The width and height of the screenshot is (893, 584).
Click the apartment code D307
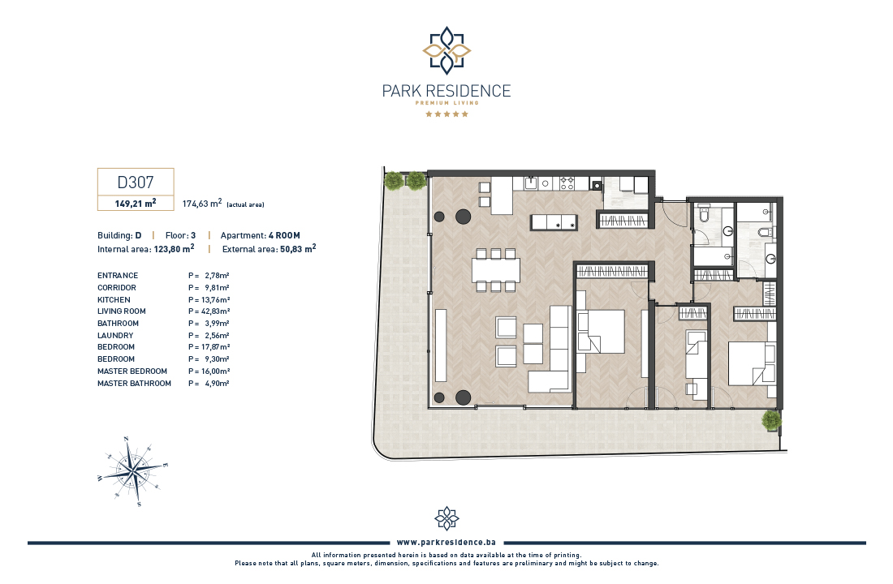pos(136,182)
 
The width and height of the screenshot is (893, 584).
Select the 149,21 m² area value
pos(136,204)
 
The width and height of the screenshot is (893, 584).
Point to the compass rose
pos(132,471)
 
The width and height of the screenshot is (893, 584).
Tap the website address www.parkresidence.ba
pos(446,543)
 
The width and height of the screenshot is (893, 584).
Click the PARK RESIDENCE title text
pos(446,91)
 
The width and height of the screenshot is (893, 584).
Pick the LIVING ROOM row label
pos(121,311)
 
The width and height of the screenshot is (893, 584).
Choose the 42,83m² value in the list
pos(215,311)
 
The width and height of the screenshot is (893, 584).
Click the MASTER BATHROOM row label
pos(134,384)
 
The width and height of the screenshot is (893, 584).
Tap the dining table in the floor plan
pos(495,270)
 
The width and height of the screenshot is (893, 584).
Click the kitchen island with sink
pos(554,222)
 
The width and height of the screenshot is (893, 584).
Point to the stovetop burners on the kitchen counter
pos(567,183)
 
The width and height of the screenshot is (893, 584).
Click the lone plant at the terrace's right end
pos(771,421)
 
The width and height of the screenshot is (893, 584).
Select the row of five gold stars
pos(447,114)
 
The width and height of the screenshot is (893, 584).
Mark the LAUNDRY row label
pos(115,336)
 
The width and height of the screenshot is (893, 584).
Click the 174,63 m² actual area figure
pos(201,204)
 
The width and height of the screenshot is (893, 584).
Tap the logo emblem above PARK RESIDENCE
pos(446,50)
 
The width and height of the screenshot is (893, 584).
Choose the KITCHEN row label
pos(114,300)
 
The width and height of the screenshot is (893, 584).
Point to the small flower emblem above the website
pos(446,518)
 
